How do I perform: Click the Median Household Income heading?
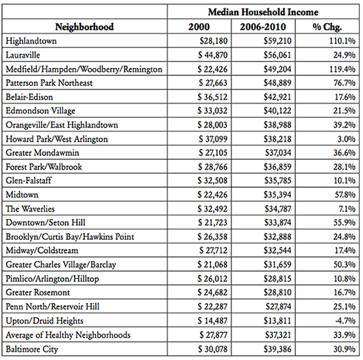pos(263,12)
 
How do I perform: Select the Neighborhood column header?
pos(84,27)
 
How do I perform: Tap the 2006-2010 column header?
pos(263,27)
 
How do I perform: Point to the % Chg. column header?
pos(327,27)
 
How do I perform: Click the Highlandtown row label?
pos(31,41)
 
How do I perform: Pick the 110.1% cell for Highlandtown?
pos(343,41)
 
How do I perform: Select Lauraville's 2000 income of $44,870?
pos(213,55)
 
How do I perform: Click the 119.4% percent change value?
pos(343,69)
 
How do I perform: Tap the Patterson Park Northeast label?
pos(49,83)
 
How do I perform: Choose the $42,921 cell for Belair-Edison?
pos(277,97)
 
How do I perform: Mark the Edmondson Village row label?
pos(40,111)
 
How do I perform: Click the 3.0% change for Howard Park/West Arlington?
pos(346,139)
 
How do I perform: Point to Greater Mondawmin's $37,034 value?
pos(279,153)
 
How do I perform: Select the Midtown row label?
pos(22,195)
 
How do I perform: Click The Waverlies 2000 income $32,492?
pos(213,209)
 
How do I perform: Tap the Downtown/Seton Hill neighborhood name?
pos(46,223)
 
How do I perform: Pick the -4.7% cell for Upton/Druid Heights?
pos(345,320)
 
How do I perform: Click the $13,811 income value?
pos(277,320)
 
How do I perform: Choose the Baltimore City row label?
pos(32,349)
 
